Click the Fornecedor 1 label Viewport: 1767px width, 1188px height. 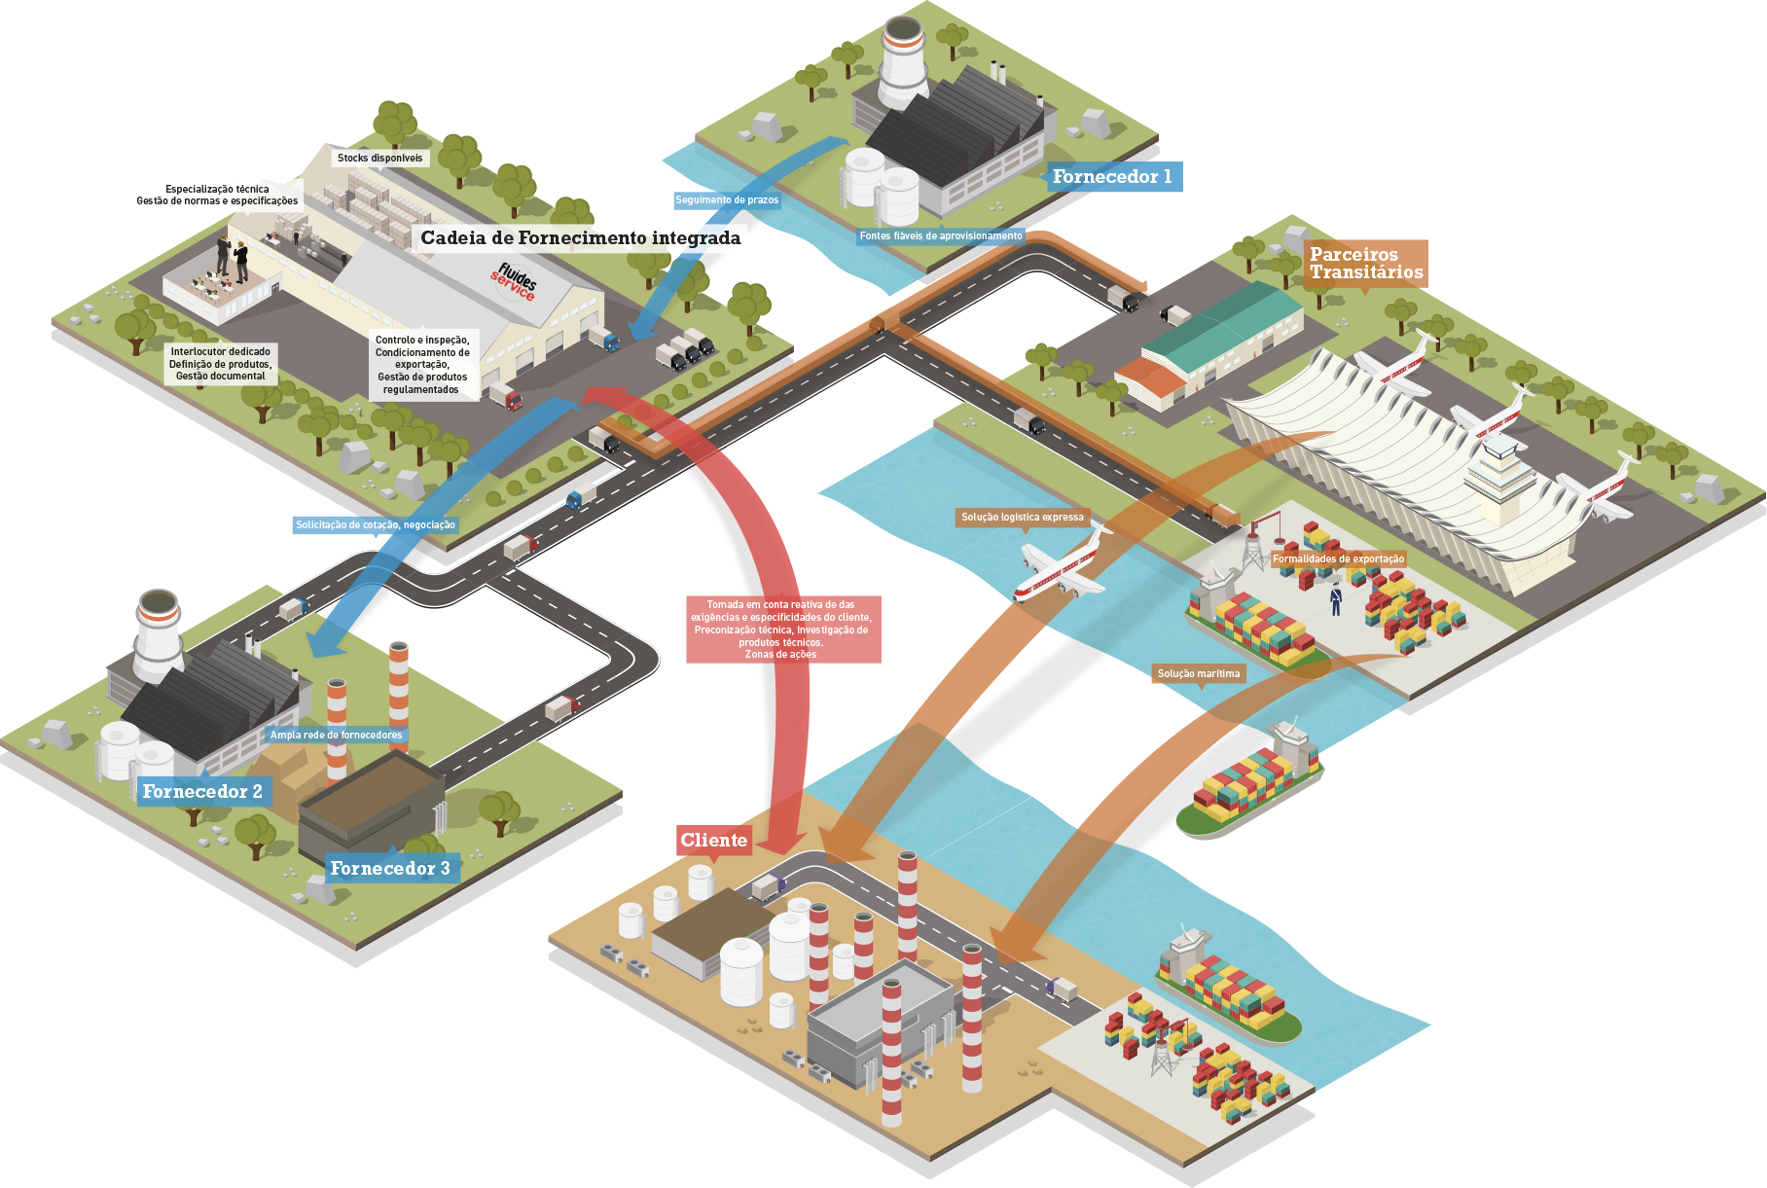click(1112, 177)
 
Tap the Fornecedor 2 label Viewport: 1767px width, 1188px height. click(202, 791)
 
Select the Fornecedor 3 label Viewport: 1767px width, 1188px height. click(390, 868)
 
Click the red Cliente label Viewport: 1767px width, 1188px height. click(714, 841)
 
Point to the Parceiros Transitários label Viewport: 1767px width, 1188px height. click(1366, 263)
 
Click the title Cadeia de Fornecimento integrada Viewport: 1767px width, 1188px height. click(580, 238)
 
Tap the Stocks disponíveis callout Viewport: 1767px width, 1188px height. click(380, 158)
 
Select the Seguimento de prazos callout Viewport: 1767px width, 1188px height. click(727, 200)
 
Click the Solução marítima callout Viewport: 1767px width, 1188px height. click(1199, 673)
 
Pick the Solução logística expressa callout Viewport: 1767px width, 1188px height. click(1023, 518)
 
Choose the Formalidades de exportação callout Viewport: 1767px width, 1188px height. click(1338, 558)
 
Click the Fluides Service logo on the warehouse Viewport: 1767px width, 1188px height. click(515, 281)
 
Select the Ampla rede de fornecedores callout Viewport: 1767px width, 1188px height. click(336, 735)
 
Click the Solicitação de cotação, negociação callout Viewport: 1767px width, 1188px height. click(376, 525)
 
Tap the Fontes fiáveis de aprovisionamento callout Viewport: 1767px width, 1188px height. click(941, 236)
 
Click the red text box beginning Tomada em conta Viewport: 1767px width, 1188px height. click(782, 630)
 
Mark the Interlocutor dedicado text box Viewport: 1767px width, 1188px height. click(220, 364)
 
